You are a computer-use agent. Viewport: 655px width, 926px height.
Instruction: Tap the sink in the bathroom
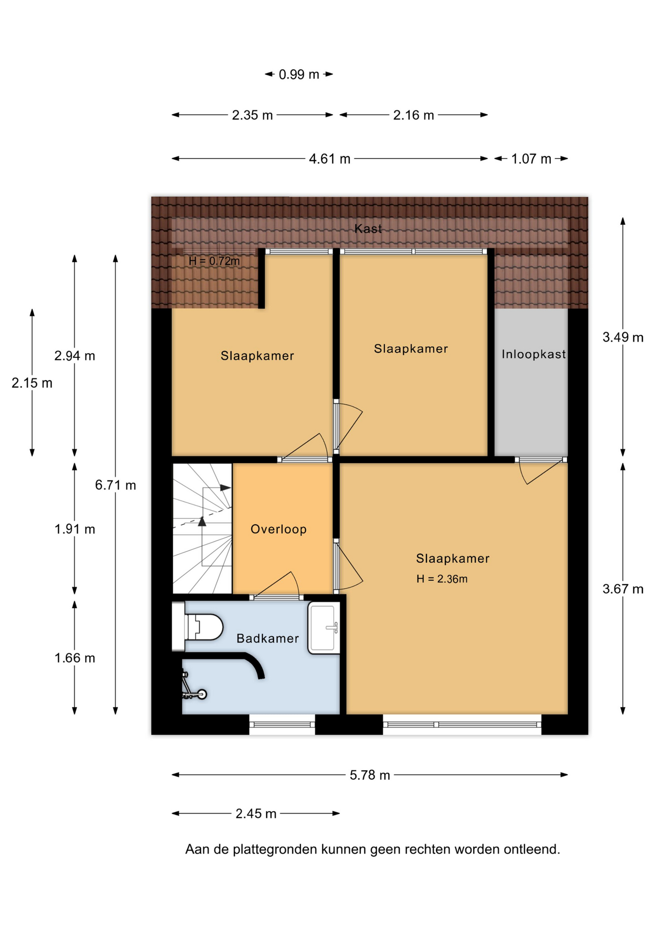324,627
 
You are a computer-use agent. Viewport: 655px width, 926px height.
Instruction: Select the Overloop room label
278,529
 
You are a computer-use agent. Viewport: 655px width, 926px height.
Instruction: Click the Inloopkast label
533,354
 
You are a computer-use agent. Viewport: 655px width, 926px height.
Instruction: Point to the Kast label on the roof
368,229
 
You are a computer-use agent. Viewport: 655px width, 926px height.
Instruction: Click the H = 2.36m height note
442,579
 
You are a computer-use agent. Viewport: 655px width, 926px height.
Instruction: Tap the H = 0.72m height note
214,261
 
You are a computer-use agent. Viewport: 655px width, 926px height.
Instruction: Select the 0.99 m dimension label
299,74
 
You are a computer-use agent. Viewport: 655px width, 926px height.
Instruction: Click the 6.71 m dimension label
115,485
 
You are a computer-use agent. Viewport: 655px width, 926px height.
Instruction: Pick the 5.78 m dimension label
369,775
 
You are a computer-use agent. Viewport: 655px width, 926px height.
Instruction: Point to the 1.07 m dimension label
531,159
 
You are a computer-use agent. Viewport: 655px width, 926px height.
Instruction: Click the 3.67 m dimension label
623,589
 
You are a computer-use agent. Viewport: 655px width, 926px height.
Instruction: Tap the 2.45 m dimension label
256,814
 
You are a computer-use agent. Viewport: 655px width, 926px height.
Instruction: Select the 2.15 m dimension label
32,383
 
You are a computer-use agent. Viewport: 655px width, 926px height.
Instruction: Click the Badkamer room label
268,639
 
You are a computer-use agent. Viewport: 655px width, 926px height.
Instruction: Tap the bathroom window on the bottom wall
282,724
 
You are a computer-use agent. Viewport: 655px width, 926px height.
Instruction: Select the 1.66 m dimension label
75,658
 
